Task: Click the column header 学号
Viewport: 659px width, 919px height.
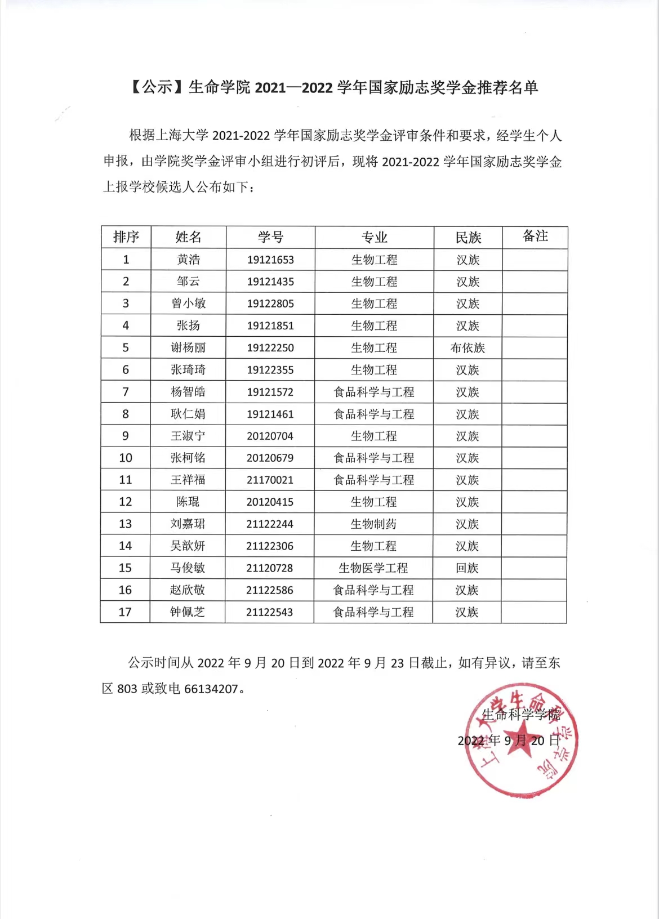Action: click(x=270, y=237)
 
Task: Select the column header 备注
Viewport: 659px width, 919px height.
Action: click(x=535, y=236)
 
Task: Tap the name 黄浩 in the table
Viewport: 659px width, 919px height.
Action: click(x=188, y=260)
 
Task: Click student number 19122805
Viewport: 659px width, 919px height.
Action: click(x=270, y=304)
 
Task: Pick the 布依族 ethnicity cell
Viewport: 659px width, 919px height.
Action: click(x=467, y=348)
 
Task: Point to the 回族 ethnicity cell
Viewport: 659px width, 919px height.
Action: click(x=467, y=568)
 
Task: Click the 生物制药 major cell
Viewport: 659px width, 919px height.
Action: click(x=373, y=524)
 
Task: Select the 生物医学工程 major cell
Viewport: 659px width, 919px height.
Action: click(x=373, y=568)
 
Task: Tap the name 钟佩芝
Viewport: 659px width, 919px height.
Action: click(x=188, y=612)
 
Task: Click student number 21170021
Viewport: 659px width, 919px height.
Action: click(x=270, y=480)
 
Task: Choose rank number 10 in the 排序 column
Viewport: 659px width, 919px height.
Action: click(x=126, y=458)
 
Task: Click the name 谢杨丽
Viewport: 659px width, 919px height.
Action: click(x=188, y=348)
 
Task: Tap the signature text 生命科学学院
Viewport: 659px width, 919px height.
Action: click(x=521, y=715)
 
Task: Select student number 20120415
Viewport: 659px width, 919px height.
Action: click(x=270, y=502)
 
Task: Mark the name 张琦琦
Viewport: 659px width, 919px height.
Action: click(x=188, y=370)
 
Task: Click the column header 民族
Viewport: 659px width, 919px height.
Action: click(x=468, y=238)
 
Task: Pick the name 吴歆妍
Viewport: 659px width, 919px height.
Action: click(x=188, y=546)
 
